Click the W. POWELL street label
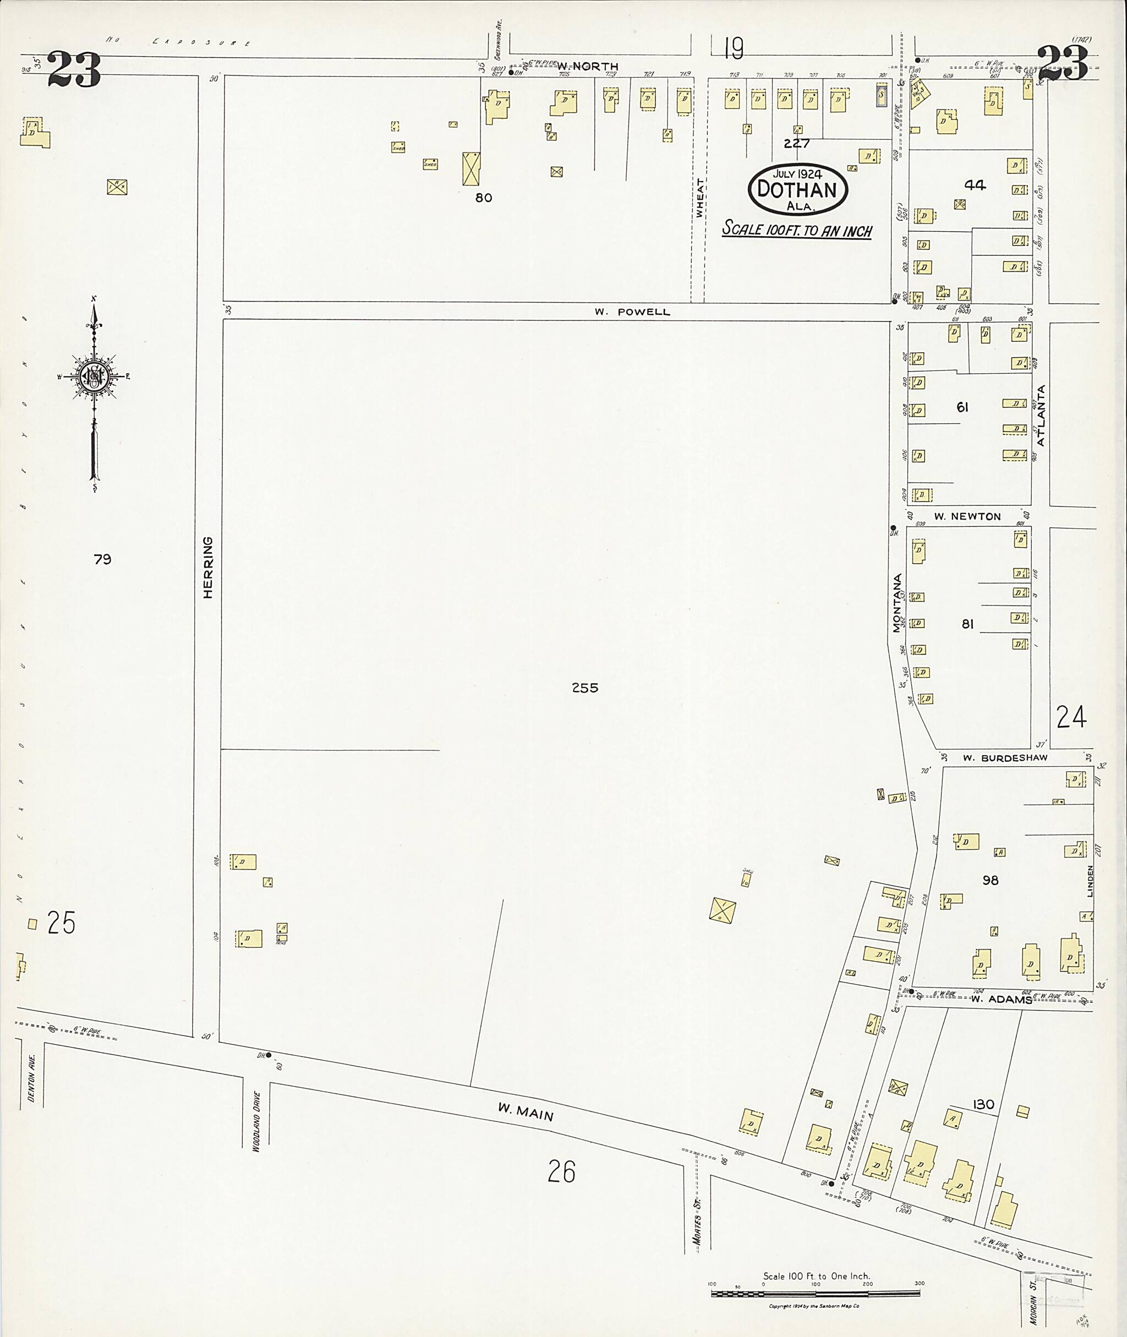click(632, 312)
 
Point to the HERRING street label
click(207, 567)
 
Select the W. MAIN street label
click(525, 1114)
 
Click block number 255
click(584, 687)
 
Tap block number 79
click(102, 559)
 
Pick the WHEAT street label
click(699, 198)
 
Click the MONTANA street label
click(897, 603)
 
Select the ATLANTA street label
click(1040, 416)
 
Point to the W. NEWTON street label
click(967, 516)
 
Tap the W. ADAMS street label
click(1001, 999)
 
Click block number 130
click(983, 1104)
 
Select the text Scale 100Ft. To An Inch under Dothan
click(797, 230)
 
